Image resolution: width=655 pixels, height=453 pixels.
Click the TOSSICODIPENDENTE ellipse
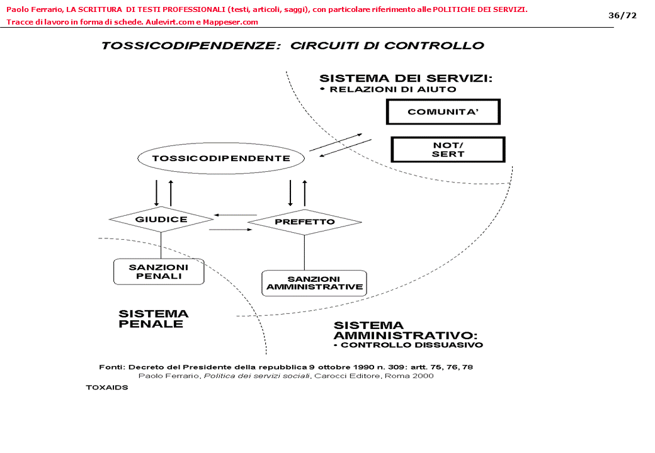(x=221, y=158)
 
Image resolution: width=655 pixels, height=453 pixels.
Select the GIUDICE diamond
(x=161, y=220)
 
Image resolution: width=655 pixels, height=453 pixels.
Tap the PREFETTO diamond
(x=304, y=222)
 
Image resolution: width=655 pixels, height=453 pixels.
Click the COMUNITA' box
(x=443, y=112)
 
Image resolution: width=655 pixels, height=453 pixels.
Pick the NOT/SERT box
(x=448, y=150)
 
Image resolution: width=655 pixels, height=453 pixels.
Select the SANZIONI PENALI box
(x=159, y=271)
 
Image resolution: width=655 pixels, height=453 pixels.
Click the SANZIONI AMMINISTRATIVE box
(x=314, y=283)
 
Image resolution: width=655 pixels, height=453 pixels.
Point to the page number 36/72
(x=622, y=15)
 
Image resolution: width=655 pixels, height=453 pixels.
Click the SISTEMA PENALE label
(x=154, y=319)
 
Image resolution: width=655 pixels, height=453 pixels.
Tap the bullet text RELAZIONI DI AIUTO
(x=392, y=89)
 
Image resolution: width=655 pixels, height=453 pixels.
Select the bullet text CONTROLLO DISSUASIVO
(x=411, y=345)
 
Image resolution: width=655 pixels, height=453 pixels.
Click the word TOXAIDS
(x=107, y=388)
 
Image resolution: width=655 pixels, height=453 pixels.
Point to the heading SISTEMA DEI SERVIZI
(x=406, y=79)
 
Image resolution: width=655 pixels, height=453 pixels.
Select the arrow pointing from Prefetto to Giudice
(x=236, y=215)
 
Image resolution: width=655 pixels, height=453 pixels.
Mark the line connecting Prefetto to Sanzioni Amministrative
(x=304, y=253)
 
